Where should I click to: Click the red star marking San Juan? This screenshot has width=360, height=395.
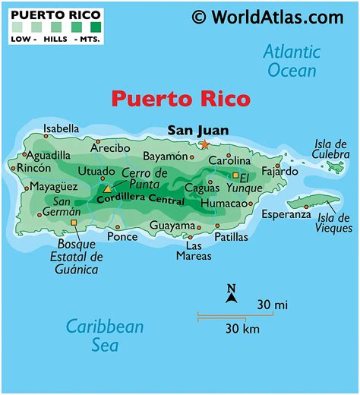(204, 144)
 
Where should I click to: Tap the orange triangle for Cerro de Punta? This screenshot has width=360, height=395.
(108, 188)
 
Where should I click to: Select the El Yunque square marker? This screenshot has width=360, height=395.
(235, 175)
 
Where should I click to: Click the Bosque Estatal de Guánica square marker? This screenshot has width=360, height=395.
(74, 223)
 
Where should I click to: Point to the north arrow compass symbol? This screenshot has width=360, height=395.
(232, 292)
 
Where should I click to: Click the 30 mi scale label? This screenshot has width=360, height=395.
(272, 305)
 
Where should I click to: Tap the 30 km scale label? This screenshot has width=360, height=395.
(242, 328)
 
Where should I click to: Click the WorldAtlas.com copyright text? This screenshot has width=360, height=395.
(267, 16)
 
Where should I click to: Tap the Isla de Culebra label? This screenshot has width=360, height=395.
(330, 148)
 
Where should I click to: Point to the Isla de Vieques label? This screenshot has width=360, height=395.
(335, 222)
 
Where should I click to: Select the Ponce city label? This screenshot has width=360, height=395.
(122, 236)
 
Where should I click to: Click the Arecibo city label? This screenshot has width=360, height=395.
(110, 147)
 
